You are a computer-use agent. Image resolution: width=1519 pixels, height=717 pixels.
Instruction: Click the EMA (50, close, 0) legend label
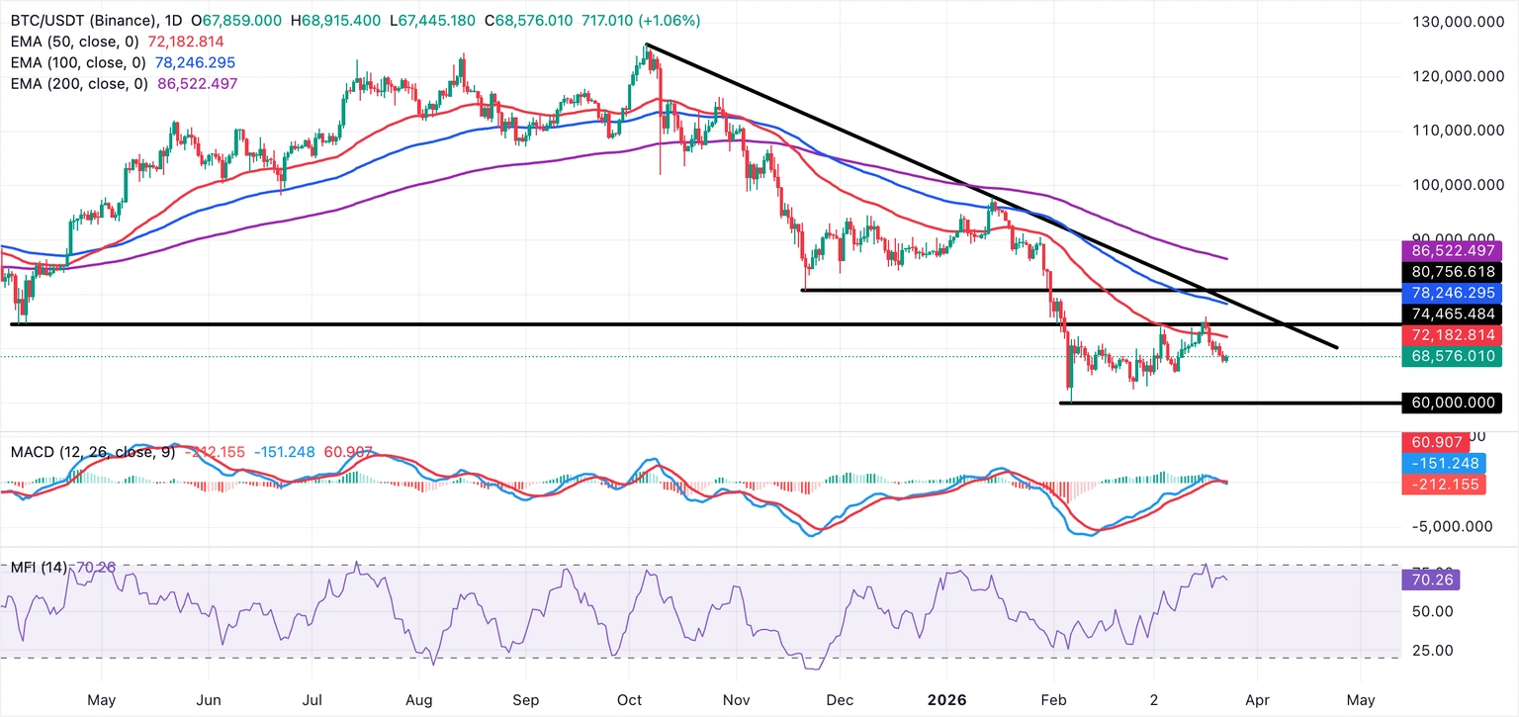click(x=72, y=42)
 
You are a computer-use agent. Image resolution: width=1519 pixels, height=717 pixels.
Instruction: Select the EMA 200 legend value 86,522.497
click(x=194, y=84)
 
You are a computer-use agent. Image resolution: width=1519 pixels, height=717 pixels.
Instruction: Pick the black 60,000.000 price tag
click(x=1450, y=403)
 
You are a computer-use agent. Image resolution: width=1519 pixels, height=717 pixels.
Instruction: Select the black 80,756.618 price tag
click(x=1450, y=271)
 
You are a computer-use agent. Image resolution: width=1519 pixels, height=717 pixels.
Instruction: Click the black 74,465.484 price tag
click(x=1450, y=314)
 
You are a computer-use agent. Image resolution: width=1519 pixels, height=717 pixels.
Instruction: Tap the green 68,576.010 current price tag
click(x=1450, y=356)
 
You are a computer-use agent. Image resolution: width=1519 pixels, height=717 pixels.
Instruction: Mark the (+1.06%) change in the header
click(x=667, y=20)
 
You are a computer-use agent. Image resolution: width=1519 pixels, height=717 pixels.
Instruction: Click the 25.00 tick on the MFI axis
click(x=1424, y=650)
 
